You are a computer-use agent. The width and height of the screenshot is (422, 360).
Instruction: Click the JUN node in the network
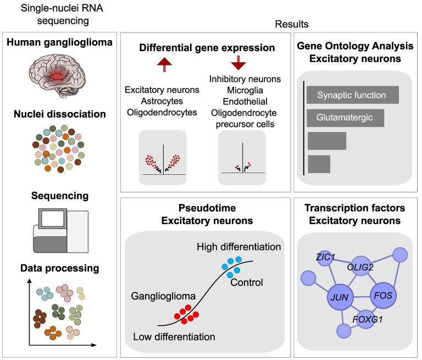tap(340, 297)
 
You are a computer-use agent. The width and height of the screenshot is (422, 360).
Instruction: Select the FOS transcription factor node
tap(383, 295)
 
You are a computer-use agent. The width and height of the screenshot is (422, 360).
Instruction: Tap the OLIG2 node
tap(360, 266)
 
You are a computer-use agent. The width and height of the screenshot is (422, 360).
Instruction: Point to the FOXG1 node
tap(365, 319)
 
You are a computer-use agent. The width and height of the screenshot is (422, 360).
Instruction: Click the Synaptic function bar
tap(353, 95)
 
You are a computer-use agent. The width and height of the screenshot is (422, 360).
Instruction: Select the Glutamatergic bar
tap(345, 118)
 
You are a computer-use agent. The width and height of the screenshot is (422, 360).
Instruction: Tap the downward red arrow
tap(238, 63)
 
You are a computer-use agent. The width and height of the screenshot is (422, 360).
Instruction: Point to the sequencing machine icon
tap(60, 230)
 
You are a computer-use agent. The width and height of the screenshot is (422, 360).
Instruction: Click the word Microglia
tap(245, 90)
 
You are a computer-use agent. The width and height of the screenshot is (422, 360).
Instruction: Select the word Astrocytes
tap(162, 101)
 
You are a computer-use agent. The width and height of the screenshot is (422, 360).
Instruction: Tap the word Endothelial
tap(245, 102)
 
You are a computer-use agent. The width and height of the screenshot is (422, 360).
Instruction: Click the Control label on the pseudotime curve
tap(247, 283)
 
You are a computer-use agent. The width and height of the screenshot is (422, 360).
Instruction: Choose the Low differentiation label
tap(174, 337)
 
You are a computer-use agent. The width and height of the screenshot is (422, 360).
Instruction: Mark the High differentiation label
tap(238, 247)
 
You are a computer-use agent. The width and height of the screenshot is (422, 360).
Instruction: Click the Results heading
tap(292, 24)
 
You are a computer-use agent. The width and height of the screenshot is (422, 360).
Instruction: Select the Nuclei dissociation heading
tap(60, 114)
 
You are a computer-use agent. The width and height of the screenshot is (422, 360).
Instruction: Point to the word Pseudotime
tap(207, 208)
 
